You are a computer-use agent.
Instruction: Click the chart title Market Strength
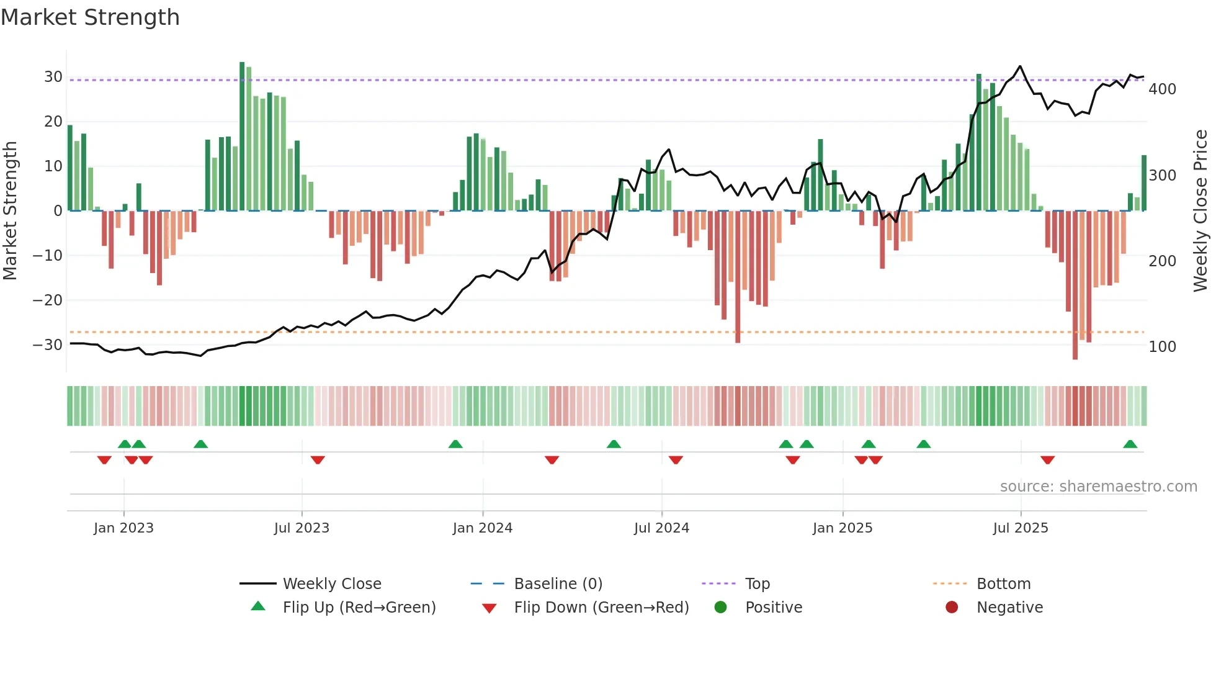(x=90, y=17)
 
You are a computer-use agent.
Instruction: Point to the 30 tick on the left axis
(x=53, y=77)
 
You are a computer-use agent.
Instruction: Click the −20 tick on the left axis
(x=48, y=300)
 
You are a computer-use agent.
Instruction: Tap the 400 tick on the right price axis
(x=1162, y=89)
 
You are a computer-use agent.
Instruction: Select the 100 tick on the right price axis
(x=1162, y=347)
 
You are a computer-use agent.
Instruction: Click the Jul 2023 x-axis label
(x=302, y=528)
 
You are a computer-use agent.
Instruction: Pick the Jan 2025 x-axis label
(x=842, y=528)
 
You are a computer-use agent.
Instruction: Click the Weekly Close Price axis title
(x=1200, y=211)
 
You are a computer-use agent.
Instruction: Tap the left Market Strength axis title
(x=10, y=211)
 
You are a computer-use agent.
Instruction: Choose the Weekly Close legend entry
(x=331, y=584)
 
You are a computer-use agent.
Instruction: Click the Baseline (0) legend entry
(x=558, y=584)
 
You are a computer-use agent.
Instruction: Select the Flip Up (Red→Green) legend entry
(x=359, y=608)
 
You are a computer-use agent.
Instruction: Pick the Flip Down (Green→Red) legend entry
(x=601, y=608)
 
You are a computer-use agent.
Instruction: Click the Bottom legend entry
(x=1003, y=584)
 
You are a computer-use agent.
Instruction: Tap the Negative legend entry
(x=1009, y=608)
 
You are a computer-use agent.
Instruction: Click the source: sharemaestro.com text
(x=1098, y=487)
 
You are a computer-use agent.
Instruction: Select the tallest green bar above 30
(x=242, y=137)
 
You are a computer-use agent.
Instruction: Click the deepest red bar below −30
(x=1075, y=286)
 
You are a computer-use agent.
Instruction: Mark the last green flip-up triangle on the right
(x=1130, y=444)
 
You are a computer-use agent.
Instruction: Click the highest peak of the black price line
(x=1020, y=66)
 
